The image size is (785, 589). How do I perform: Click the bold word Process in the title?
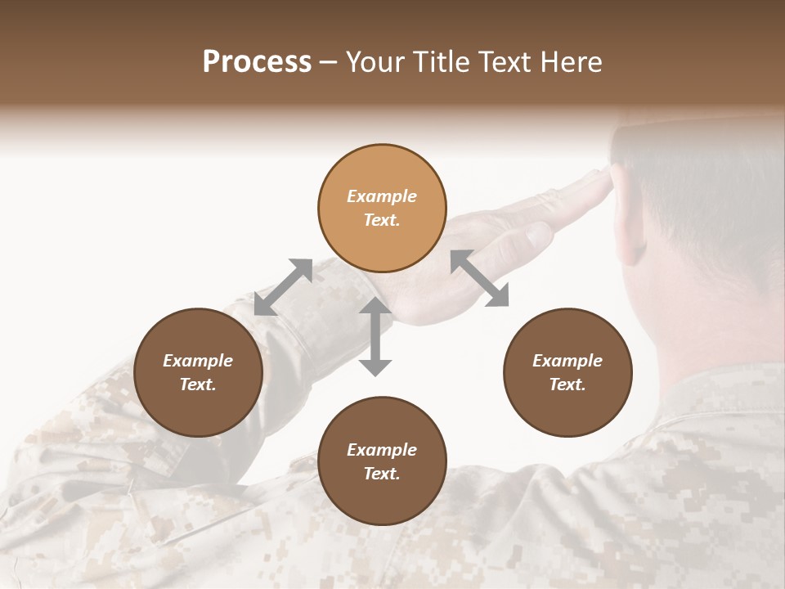257,62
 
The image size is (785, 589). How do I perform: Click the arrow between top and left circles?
283,287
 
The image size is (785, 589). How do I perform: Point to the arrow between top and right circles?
479,278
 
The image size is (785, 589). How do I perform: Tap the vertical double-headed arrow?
375,337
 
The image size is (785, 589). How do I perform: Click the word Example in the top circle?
382,196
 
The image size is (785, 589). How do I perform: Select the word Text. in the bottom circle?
382,474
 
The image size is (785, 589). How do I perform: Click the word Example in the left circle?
198,361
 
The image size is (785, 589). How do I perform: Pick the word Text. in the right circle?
567,384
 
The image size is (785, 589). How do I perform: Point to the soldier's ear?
634,237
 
